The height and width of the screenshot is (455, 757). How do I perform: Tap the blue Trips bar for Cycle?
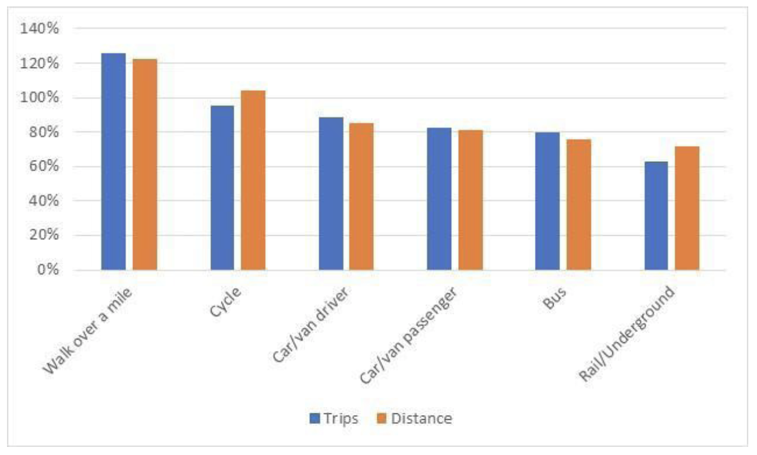tap(222, 188)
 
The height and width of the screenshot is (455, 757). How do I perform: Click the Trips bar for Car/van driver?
tap(331, 193)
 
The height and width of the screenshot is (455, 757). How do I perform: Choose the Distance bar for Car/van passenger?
tap(470, 199)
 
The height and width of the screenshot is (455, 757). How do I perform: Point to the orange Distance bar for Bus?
tap(579, 205)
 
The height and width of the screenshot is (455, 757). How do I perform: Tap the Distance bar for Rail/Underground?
tap(687, 208)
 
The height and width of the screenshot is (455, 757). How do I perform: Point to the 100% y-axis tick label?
tap(39, 97)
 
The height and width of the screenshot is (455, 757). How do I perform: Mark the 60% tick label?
tap(42, 167)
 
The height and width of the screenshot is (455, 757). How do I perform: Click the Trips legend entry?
tap(334, 418)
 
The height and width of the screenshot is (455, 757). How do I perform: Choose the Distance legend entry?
tap(414, 418)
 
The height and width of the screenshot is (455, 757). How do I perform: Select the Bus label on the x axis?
tap(554, 299)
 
